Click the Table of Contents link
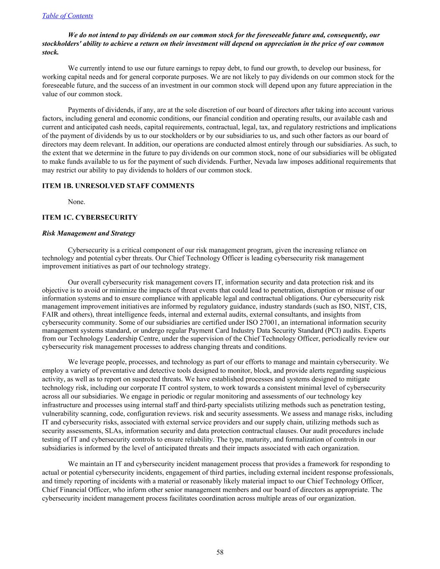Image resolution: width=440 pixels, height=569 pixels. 68,16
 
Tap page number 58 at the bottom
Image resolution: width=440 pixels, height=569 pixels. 220,552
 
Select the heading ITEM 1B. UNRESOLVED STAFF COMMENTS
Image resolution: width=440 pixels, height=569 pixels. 118,186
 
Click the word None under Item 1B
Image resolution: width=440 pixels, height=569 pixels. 76,202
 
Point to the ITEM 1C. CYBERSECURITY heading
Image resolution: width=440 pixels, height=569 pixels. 90,218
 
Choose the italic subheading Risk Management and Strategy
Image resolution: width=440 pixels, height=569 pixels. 88,233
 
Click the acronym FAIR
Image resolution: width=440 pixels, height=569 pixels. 50,315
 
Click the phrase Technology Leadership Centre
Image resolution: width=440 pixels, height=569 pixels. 111,339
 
